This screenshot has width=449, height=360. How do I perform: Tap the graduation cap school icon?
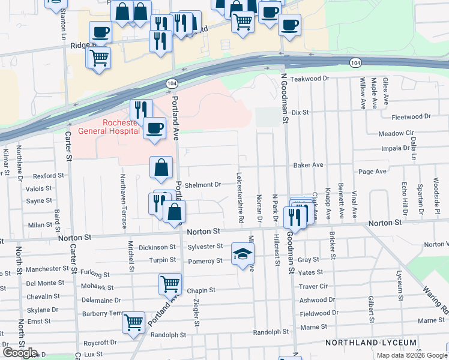[x=243, y=254]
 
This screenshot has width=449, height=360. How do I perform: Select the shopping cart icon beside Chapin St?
[x=170, y=284]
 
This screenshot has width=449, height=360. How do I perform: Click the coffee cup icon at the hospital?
[x=155, y=128]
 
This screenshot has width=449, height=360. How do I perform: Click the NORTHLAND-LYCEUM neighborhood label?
[x=371, y=343]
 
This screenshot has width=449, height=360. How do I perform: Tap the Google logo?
[x=20, y=353]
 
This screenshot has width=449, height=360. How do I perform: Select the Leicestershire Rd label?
[x=240, y=198]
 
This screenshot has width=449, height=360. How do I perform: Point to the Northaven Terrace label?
[x=122, y=201]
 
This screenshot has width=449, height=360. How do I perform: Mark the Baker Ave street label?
[x=308, y=165]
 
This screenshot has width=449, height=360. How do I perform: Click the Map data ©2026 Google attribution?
[x=411, y=355]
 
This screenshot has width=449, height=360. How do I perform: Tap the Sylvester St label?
[x=205, y=247]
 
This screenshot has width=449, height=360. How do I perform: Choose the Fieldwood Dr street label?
[x=319, y=313]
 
